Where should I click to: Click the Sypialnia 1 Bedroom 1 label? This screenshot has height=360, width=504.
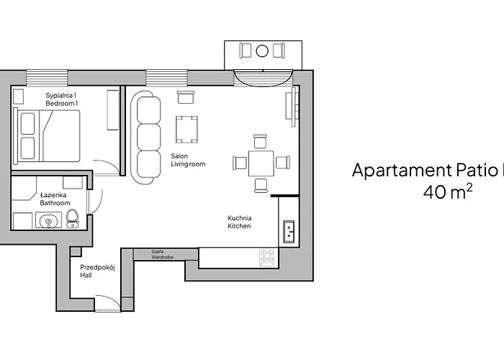(x=61, y=99)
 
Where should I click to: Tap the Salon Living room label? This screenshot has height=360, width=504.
(x=188, y=160)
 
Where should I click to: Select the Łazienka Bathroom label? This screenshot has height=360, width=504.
(x=55, y=199)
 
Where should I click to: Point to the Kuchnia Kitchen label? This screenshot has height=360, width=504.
(x=240, y=222)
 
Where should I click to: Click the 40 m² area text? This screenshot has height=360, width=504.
(x=449, y=192)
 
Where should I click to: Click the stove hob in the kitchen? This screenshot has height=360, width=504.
(x=268, y=257)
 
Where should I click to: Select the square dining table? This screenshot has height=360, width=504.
(x=261, y=163)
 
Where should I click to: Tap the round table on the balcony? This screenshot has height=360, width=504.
(x=262, y=51)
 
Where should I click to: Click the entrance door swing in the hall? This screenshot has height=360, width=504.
(x=107, y=302)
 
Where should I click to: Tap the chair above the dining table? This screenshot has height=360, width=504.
(x=260, y=141)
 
